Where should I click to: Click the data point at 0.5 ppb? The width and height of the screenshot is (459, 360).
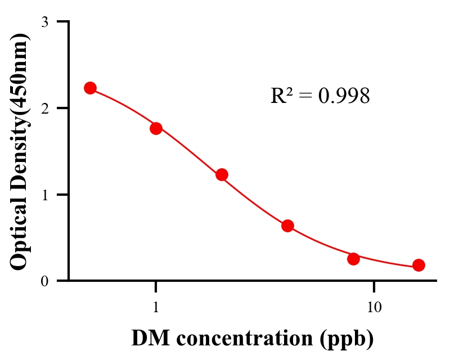click(90, 88)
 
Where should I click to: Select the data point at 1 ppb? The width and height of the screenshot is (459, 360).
click(156, 128)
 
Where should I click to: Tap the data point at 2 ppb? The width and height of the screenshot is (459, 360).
click(222, 174)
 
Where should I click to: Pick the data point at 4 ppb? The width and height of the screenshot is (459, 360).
click(287, 226)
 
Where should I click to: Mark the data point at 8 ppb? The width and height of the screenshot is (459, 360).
click(353, 259)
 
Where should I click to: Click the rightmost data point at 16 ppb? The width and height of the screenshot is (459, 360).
click(418, 265)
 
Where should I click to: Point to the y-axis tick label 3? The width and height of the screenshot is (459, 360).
click(44, 22)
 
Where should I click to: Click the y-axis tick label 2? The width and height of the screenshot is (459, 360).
click(44, 108)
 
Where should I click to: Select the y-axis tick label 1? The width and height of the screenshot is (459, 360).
click(44, 195)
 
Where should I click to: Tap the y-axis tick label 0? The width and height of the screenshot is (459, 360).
click(44, 281)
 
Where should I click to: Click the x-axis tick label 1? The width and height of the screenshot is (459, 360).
click(156, 308)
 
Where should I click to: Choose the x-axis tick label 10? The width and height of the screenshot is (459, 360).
click(374, 308)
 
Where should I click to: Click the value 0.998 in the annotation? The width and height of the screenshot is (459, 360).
click(344, 96)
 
